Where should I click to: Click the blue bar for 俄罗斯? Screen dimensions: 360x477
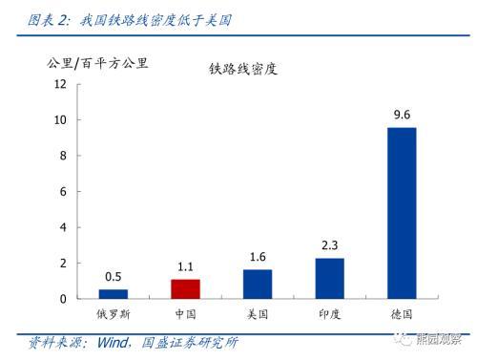pos(114,293)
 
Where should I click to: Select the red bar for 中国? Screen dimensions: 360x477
pos(185,288)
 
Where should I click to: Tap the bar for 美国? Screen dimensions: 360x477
pos(258,284)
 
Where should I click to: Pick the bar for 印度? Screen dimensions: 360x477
pos(329,278)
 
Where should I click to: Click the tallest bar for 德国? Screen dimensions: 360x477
pos(402,212)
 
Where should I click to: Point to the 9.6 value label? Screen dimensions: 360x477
pos(402,116)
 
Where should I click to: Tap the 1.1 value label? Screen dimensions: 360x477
pos(185,267)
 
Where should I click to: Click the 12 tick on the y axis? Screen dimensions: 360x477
pos(59,84)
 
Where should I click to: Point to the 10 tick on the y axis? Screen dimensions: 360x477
pos(59,120)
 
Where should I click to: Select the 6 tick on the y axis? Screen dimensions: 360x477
pos(62,192)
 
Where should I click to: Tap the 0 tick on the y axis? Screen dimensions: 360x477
pos(62,299)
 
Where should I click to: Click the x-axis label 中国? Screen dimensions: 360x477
pos(185,314)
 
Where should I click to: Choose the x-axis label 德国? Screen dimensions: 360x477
pos(402,314)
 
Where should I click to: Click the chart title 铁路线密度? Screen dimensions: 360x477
pos(243,69)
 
